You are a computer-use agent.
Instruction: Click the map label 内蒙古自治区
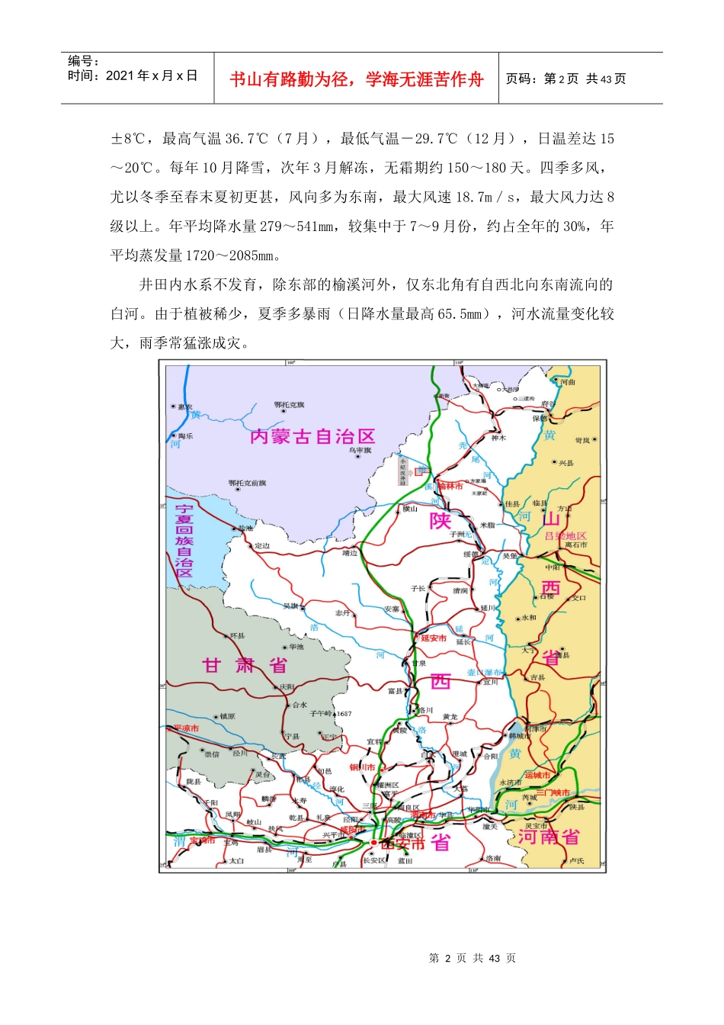312,436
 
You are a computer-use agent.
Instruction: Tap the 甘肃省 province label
245,665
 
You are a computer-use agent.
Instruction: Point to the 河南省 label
549,837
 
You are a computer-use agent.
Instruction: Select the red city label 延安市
434,638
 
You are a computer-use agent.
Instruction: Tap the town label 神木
498,438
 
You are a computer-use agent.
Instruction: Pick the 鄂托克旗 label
289,405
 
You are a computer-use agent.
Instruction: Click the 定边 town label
262,546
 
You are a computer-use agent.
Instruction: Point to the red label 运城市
537,775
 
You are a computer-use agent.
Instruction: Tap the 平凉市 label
186,728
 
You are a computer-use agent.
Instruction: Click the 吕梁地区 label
565,536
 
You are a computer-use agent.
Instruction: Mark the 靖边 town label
350,553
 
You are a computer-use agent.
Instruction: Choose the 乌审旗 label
360,451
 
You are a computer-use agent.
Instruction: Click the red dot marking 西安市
373,843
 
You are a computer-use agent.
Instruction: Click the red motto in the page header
356,79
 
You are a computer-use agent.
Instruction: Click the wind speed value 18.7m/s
485,197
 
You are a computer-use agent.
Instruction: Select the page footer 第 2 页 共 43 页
473,958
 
